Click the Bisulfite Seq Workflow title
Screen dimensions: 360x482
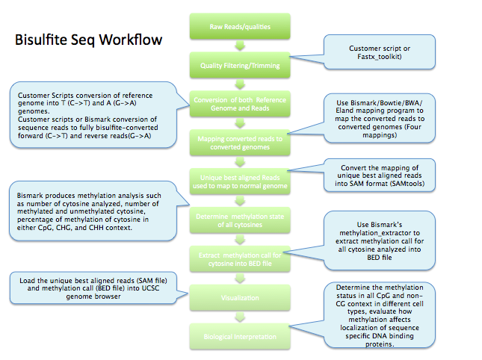pos(87,39)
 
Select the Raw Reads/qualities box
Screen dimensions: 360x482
pos(240,28)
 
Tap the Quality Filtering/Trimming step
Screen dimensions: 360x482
pos(240,65)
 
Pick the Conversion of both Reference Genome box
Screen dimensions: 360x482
pos(240,105)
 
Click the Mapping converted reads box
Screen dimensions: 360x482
pos(240,143)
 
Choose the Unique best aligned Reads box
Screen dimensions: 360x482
pos(240,179)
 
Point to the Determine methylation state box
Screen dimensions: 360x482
pos(240,218)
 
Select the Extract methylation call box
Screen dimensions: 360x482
pos(240,256)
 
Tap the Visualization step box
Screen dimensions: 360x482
pos(240,298)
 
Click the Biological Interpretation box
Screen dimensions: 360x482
pos(240,337)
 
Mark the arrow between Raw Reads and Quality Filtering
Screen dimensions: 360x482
pos(240,46)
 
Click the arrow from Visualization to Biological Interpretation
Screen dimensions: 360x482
pos(240,317)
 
